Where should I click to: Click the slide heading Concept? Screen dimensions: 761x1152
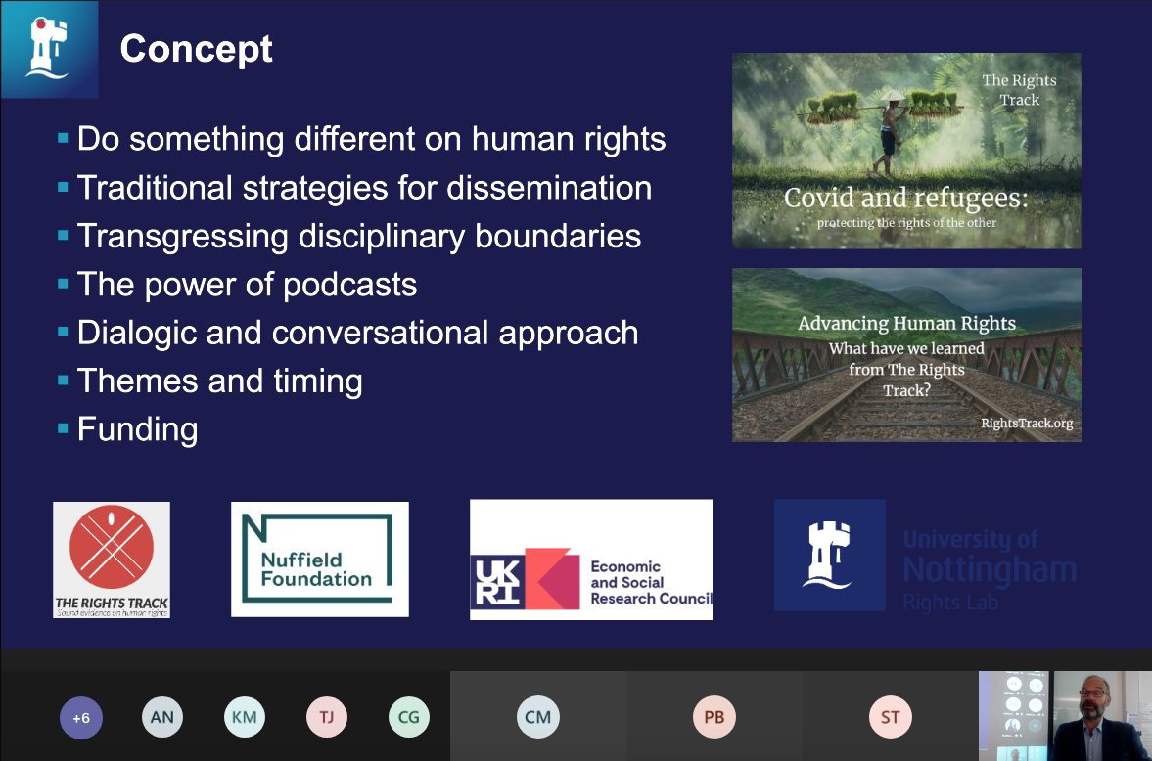click(x=196, y=48)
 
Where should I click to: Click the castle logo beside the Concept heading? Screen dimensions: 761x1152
click(x=49, y=48)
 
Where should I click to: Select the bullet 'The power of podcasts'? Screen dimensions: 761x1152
click(x=247, y=285)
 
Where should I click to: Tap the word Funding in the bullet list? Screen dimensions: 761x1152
click(x=137, y=428)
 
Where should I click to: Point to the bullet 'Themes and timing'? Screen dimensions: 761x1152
click(x=219, y=380)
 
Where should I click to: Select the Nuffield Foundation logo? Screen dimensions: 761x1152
click(x=319, y=559)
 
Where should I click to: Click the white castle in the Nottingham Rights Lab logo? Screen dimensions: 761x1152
click(x=815, y=555)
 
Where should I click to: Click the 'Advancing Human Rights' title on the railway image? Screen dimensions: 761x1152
click(x=906, y=323)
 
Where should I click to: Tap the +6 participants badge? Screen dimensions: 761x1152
click(x=81, y=717)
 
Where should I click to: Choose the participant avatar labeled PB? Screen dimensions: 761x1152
click(x=714, y=717)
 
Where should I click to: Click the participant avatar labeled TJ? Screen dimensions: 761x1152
click(x=327, y=717)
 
